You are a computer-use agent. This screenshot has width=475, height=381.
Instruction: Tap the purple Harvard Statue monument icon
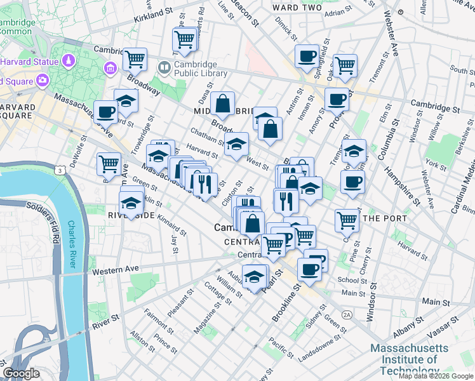[x=69, y=62]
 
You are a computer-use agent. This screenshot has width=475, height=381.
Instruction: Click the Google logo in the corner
[x=21, y=373]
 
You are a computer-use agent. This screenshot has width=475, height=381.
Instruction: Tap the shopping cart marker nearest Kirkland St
[x=185, y=41]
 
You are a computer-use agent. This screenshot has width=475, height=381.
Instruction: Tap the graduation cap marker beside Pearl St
[x=255, y=277]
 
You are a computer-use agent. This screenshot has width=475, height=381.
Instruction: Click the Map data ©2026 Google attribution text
[x=436, y=376]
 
